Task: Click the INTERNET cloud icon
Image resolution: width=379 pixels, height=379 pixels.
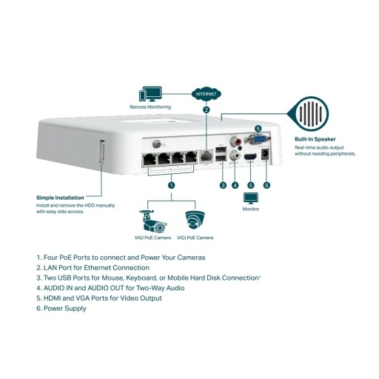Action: [207, 95]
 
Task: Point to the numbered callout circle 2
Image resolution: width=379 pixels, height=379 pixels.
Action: [207, 110]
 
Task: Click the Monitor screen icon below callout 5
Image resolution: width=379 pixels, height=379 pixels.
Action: [251, 198]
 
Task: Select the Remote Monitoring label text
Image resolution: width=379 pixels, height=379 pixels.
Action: [150, 108]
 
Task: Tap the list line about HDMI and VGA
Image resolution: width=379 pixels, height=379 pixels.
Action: [98, 298]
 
